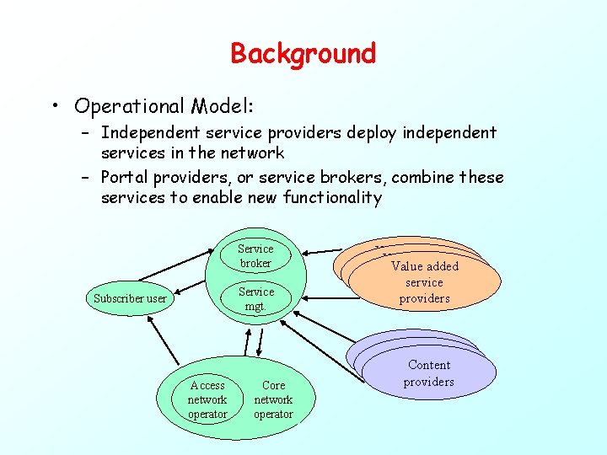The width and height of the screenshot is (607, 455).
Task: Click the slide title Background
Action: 303,54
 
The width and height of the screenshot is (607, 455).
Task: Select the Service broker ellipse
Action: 255,256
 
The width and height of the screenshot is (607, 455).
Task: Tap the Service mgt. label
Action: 255,299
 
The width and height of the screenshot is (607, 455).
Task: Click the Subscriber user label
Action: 130,298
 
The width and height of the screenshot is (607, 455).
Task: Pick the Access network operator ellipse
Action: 207,399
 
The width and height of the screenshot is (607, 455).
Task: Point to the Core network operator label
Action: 273,399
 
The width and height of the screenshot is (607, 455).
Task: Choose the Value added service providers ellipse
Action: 424,281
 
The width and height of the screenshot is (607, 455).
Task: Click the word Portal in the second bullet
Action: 124,178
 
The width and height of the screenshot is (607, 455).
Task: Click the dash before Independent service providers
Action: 87,133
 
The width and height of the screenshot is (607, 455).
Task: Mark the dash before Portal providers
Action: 87,178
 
